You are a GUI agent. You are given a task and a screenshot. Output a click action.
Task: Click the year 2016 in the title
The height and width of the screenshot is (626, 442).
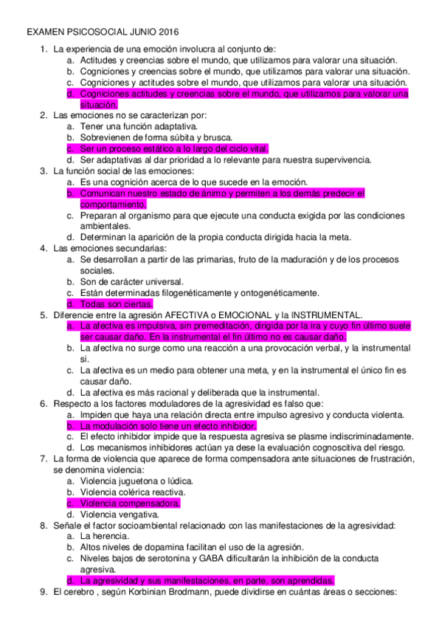[167, 33]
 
